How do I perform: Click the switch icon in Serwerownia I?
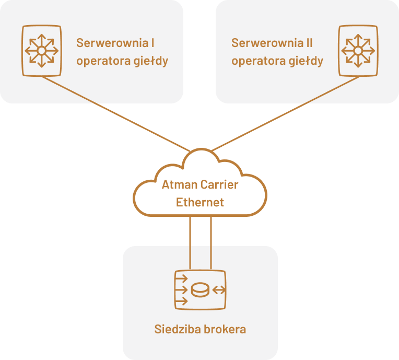pos(41,51)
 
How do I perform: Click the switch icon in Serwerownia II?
pos(358,51)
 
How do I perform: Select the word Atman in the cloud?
pos(177,185)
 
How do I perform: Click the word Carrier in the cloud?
pos(217,185)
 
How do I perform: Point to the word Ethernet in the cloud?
pos(200,202)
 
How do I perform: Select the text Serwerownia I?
pos(115,43)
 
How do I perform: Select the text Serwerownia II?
pos(272,43)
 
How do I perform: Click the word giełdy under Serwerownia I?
pos(151,61)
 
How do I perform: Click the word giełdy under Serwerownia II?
pos(307,61)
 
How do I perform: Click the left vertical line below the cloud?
pos(190,243)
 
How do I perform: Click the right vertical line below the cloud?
pos(211,243)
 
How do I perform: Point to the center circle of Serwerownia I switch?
pos(41,51)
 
